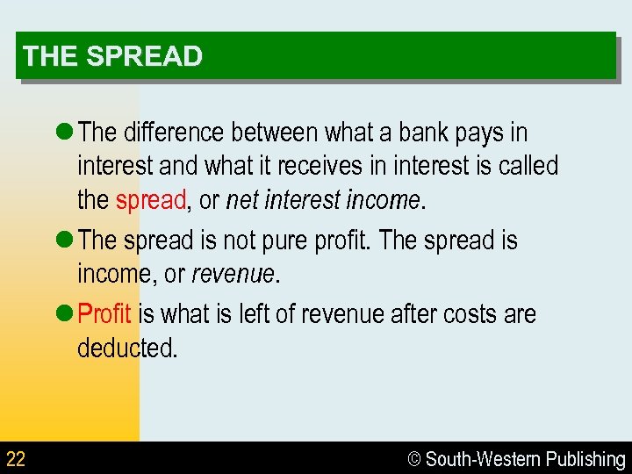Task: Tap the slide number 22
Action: coord(16,458)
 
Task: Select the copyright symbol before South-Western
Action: coord(414,459)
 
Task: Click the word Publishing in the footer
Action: coord(585,459)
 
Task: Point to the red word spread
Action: coord(150,200)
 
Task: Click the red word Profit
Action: coord(104,313)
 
